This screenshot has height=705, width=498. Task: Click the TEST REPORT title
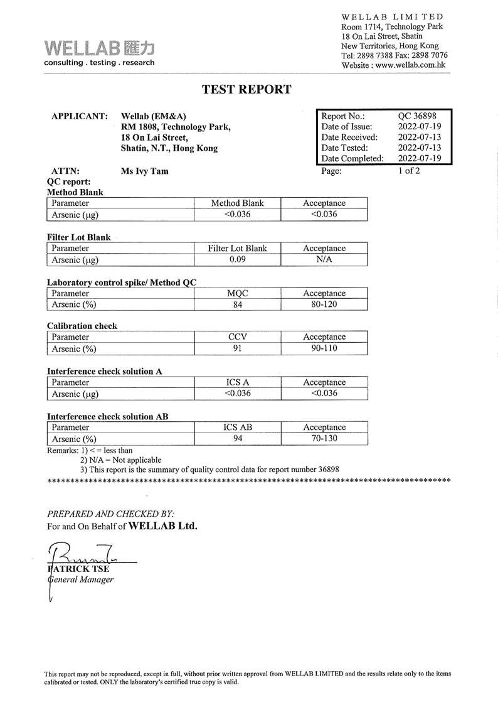246,89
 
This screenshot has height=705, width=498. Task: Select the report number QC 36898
417,116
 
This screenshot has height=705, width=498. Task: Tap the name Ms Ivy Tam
144,171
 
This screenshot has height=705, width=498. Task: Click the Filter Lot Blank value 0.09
237,259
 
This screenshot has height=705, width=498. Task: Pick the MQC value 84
237,304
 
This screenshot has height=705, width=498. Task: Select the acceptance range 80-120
324,304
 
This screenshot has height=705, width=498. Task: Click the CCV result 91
237,348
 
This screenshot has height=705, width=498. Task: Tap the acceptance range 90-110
324,348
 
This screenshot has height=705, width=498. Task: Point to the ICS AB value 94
237,438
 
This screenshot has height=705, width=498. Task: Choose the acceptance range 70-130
324,438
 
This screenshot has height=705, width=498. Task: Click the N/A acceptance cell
324,259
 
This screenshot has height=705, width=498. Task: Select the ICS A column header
237,382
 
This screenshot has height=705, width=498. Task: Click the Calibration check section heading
82,326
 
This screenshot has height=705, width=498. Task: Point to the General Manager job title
82,579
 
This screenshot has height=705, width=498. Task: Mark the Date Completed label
352,159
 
